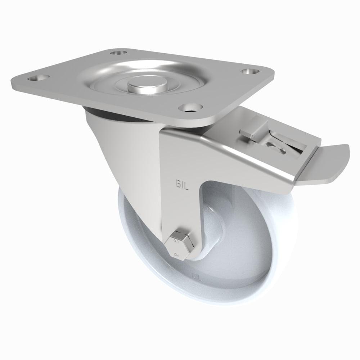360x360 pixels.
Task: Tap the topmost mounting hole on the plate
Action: [x=116, y=53]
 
